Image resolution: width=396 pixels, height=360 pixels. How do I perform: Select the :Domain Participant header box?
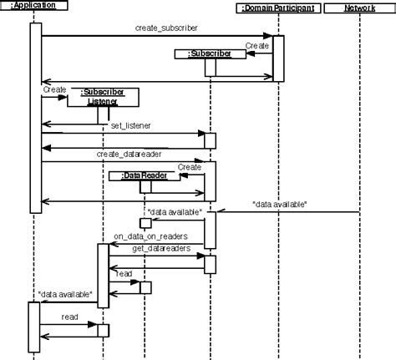pyautogui.click(x=275, y=8)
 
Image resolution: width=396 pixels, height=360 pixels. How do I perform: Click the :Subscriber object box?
pyautogui.click(x=209, y=54)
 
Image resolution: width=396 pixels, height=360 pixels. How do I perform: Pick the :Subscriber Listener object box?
pyautogui.click(x=103, y=96)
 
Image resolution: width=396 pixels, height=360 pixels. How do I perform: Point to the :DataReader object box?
pyautogui.click(x=138, y=176)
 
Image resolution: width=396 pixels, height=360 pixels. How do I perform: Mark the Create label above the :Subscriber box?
pyautogui.click(x=256, y=45)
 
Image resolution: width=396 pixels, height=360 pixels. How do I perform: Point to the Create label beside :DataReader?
pyautogui.click(x=190, y=167)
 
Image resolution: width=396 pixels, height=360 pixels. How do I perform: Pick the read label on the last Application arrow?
pyautogui.click(x=69, y=317)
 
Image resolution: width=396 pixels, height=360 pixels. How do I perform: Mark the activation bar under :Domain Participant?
pyautogui.click(x=279, y=58)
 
